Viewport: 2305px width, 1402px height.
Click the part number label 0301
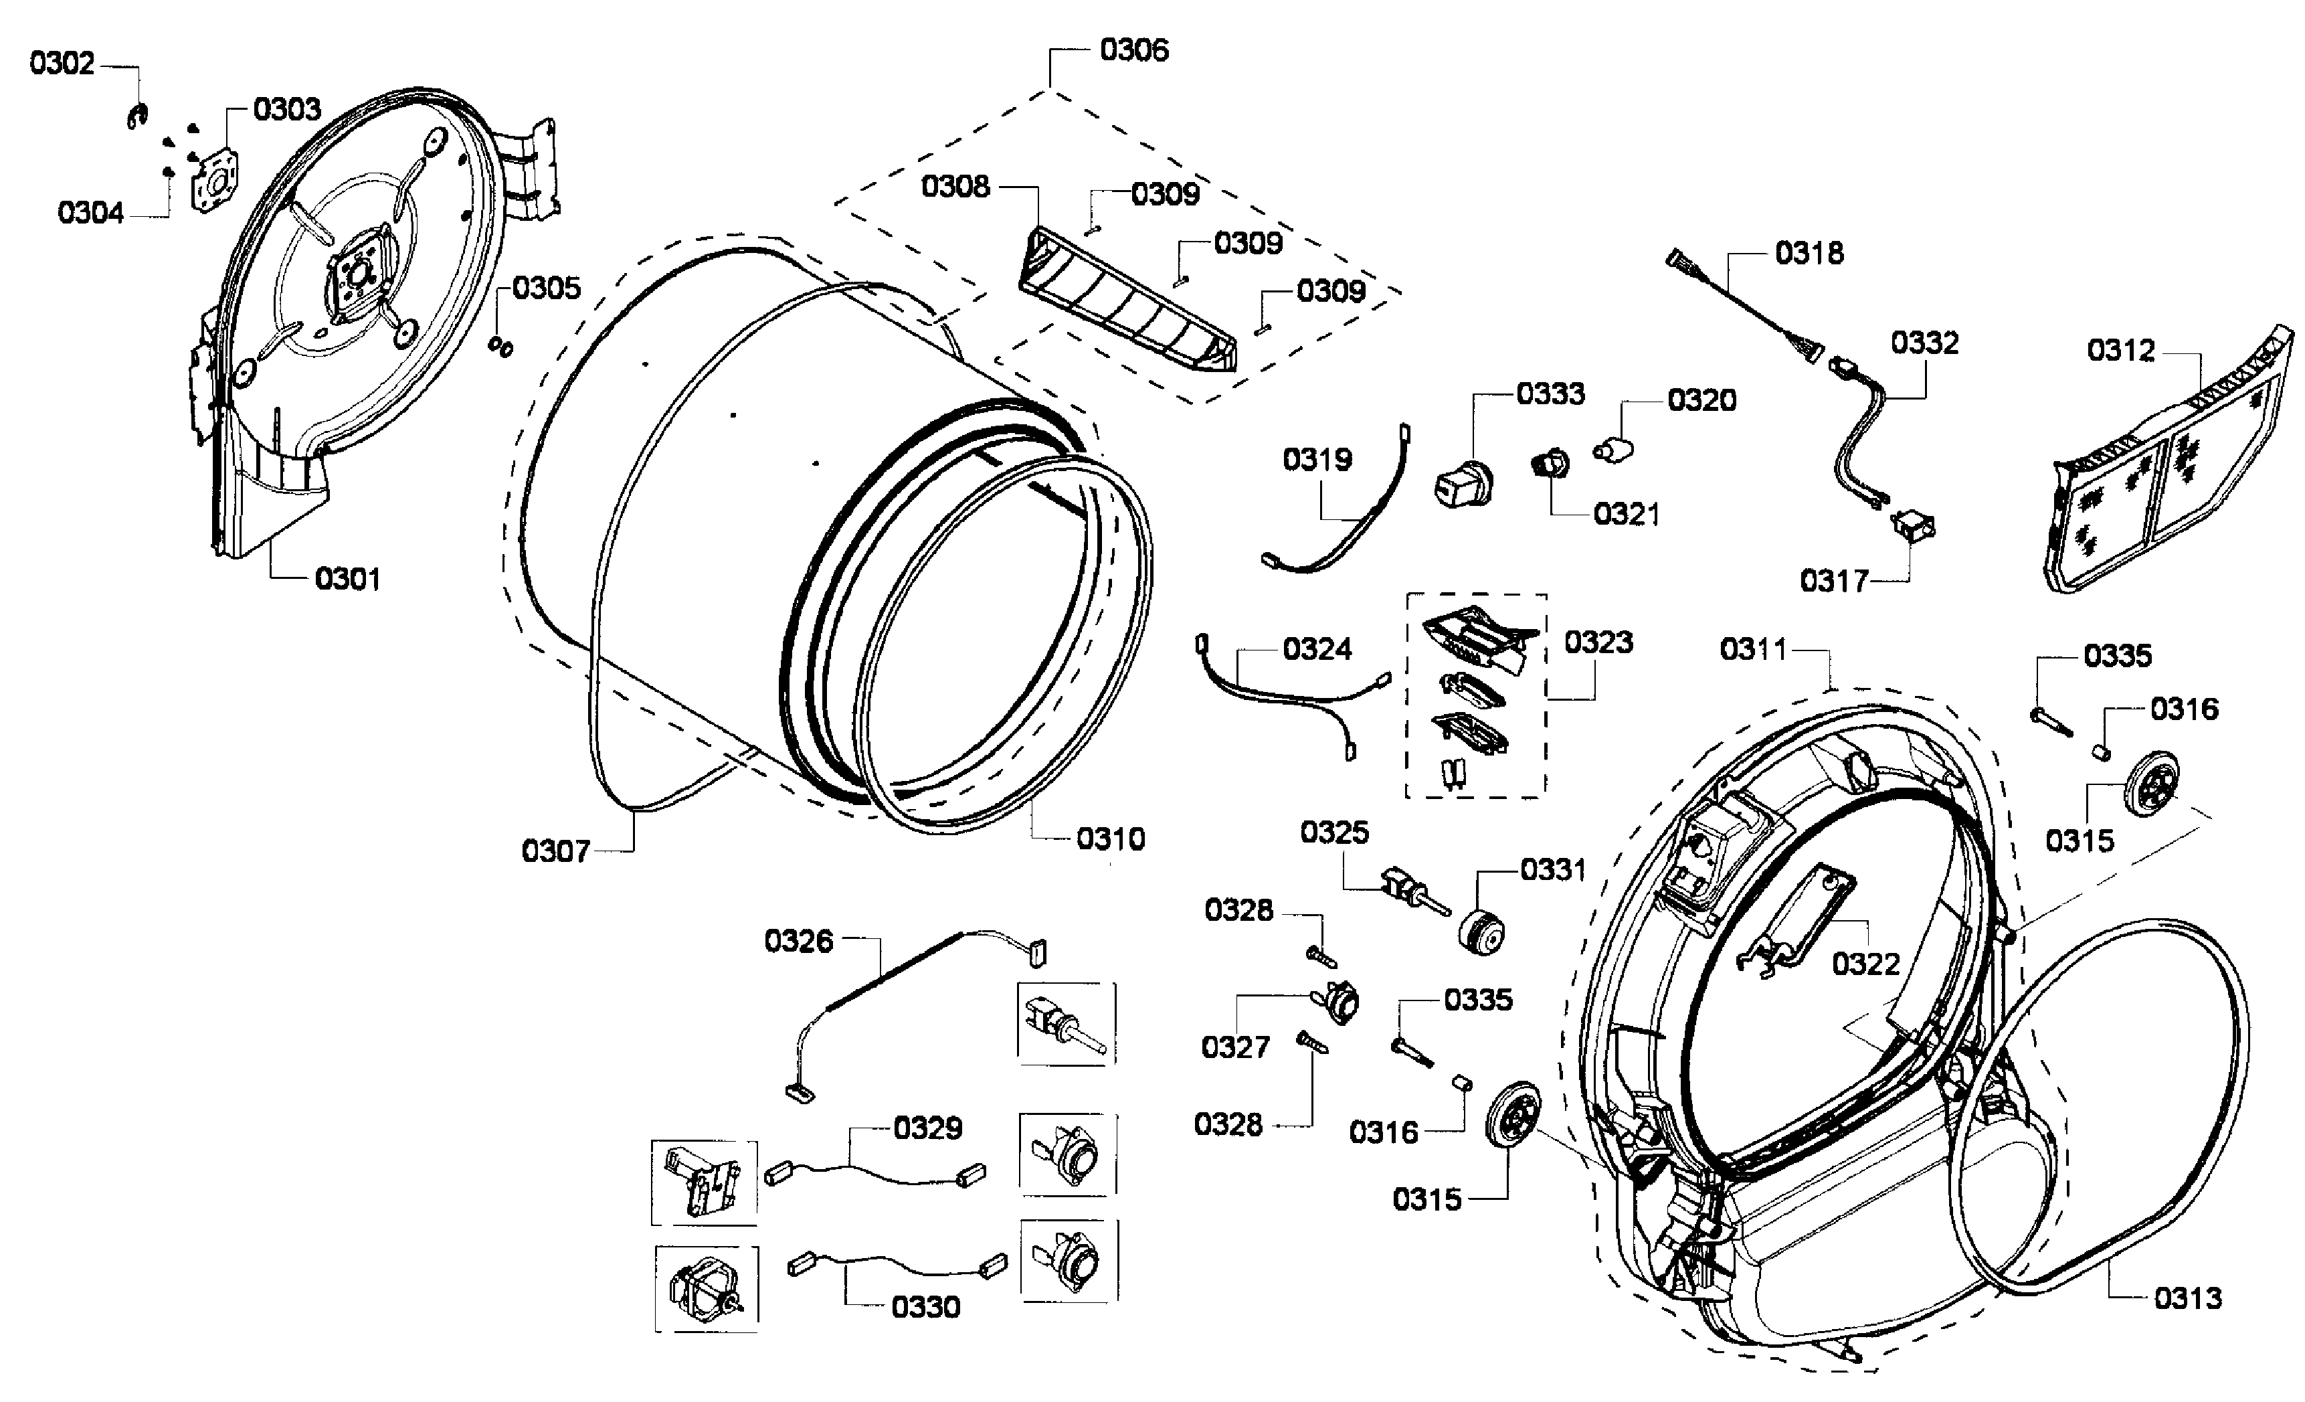(x=347, y=580)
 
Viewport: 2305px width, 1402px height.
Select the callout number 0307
(x=555, y=852)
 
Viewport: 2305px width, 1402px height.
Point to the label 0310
(x=1111, y=839)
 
